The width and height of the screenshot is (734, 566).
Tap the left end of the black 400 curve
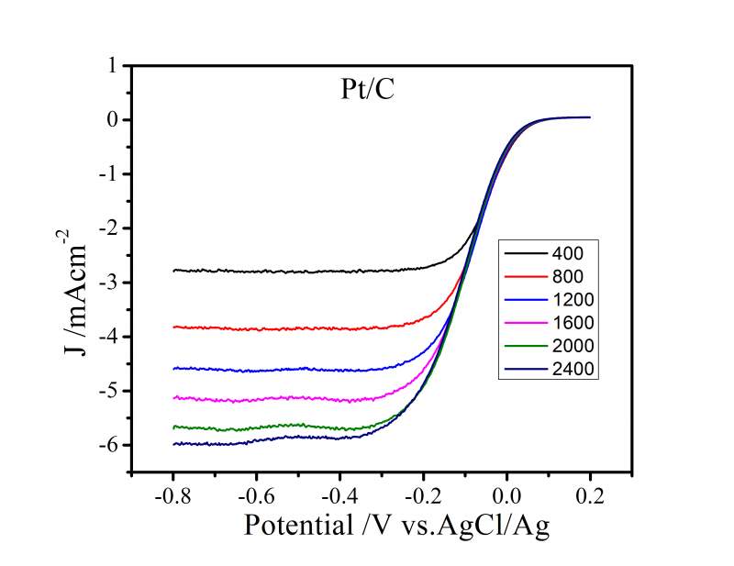[173, 271]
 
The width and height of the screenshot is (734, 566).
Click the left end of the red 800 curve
[173, 327]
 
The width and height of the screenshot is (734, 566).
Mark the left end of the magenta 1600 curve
[173, 398]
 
